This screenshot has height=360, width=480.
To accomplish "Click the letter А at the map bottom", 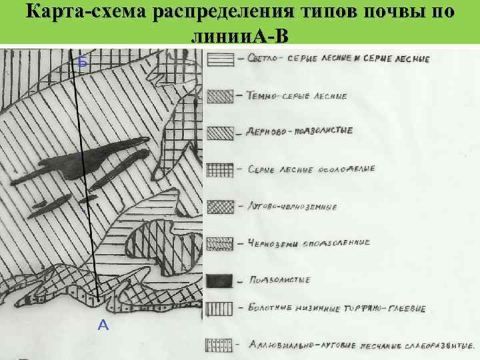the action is [x=103, y=325].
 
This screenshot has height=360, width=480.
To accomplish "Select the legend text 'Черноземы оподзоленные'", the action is [x=308, y=243].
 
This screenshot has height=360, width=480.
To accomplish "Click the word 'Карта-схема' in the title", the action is [x=82, y=13].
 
